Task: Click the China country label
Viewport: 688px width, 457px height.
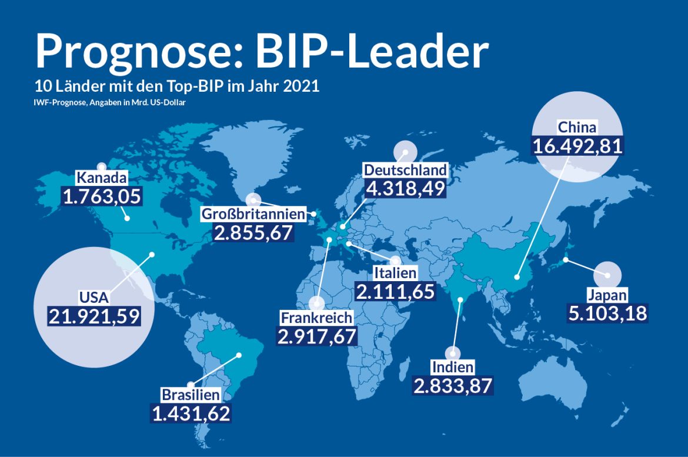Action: (x=577, y=127)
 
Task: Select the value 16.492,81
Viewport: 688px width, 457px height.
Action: (x=577, y=146)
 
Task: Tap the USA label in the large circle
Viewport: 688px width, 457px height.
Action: (x=95, y=296)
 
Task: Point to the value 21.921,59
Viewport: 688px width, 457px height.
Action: (x=95, y=316)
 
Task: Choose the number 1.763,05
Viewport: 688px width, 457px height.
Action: (x=102, y=196)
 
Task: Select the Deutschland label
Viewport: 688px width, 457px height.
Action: (x=405, y=171)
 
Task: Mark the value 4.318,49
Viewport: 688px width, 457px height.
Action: (x=405, y=189)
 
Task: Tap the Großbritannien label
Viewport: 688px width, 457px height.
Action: (x=254, y=214)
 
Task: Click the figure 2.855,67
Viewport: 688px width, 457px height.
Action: (x=253, y=233)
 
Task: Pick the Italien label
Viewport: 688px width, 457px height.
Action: (x=395, y=273)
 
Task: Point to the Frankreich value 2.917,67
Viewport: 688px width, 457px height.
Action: (x=317, y=336)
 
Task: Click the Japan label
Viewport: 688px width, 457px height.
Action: (x=607, y=295)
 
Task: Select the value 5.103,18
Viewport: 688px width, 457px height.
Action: (x=607, y=313)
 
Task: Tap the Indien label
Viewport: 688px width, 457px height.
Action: (x=452, y=368)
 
